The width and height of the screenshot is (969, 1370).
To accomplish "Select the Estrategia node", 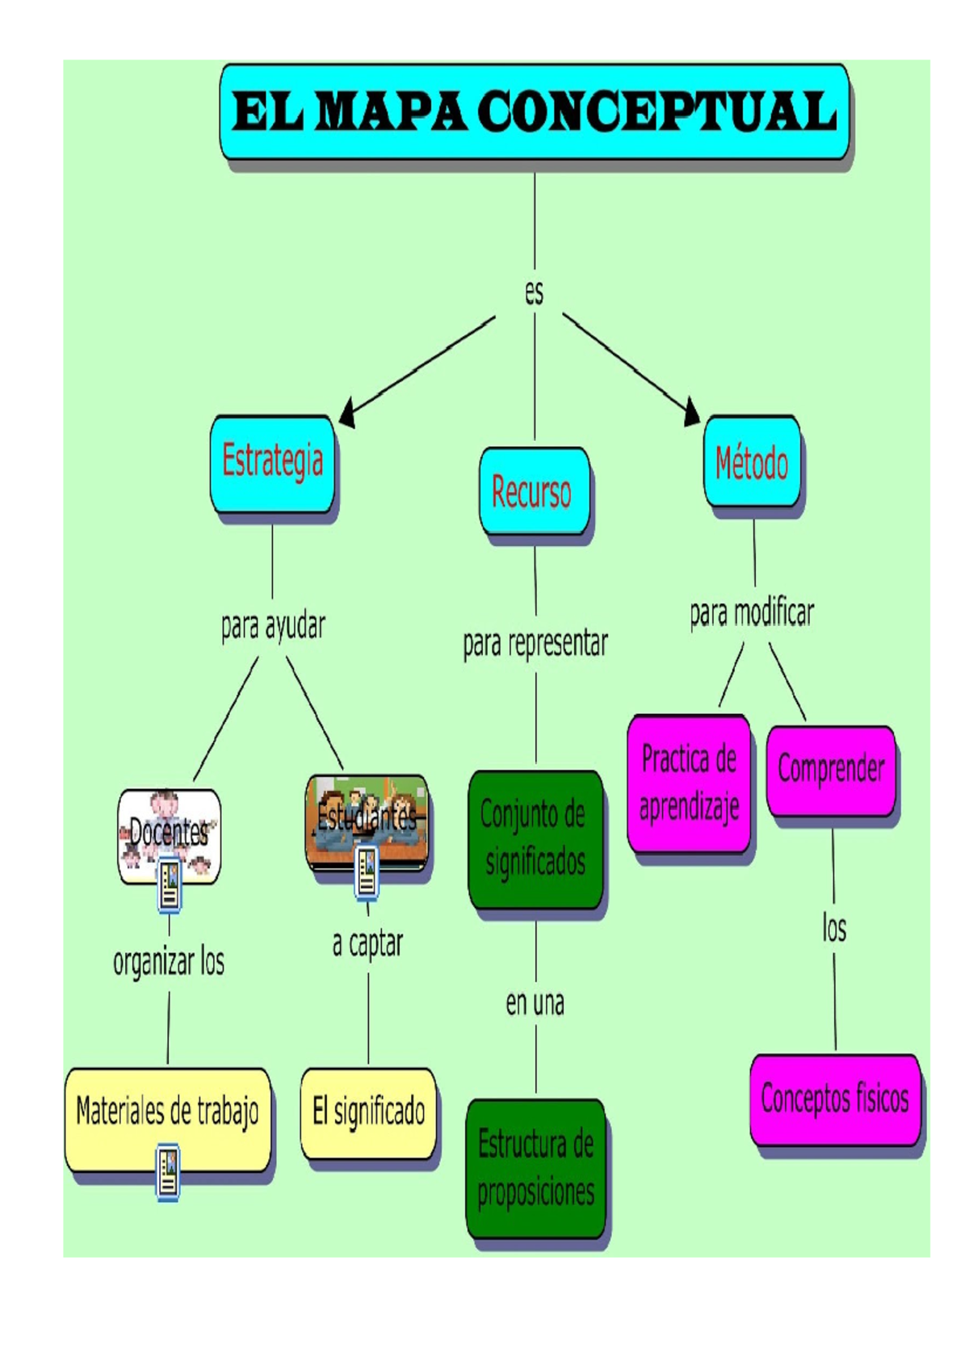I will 272,463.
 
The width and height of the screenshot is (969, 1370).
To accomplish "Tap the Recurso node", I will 533,491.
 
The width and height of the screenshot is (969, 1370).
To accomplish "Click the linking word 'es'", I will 534,292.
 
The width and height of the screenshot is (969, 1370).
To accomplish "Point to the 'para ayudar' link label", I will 273,626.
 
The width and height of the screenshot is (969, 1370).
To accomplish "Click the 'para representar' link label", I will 535,644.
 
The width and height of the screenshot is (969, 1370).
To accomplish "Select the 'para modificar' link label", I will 751,613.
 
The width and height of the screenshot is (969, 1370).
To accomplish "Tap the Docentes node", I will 169,834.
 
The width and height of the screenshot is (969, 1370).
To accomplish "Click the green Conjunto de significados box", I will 535,838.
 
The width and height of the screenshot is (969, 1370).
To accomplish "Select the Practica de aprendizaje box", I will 689,783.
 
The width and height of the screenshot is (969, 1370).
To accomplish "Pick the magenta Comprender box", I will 830,770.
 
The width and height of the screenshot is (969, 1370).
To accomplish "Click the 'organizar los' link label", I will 168,962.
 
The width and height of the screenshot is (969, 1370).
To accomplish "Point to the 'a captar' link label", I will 367,943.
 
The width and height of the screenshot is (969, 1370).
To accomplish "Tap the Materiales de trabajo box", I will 167,1112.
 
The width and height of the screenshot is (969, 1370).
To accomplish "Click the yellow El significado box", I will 368,1112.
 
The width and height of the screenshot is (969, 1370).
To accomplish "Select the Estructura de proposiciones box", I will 535,1168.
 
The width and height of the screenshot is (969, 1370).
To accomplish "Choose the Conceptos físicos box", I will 834,1099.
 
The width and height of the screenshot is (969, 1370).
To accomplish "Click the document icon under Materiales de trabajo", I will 168,1171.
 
